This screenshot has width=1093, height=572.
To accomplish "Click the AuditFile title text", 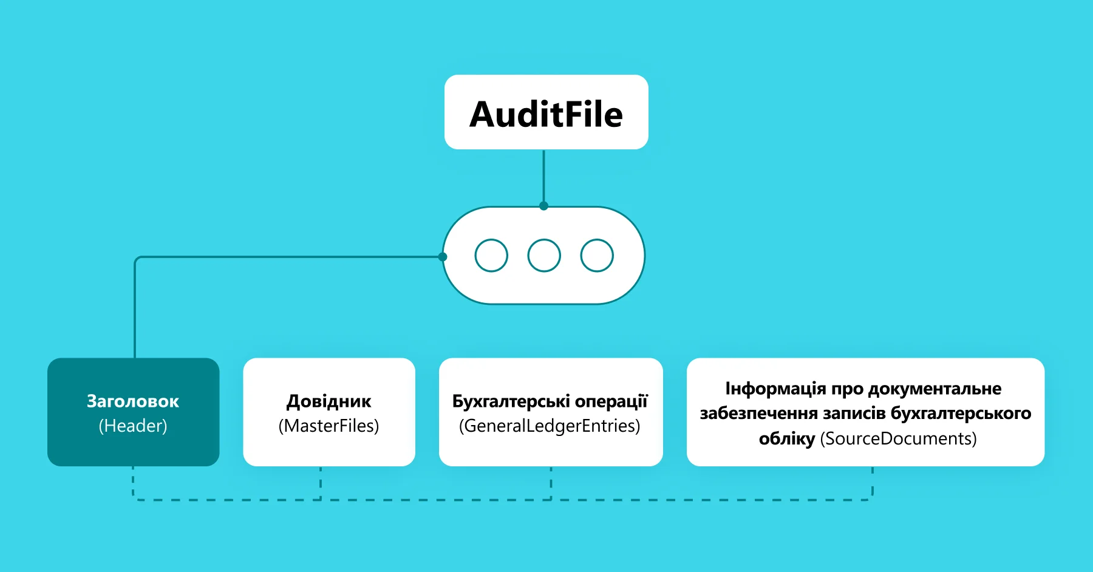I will [x=546, y=114].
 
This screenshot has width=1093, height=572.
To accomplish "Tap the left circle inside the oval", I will [x=491, y=256].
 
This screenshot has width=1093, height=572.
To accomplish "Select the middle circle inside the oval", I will [x=544, y=256].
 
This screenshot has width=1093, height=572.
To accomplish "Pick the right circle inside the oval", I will [x=597, y=256].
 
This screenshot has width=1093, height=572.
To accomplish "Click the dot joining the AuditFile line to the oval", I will [x=543, y=206].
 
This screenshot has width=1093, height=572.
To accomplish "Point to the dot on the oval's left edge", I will [x=443, y=257].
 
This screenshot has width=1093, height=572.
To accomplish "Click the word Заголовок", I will [x=133, y=401].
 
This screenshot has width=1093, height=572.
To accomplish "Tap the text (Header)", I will [x=133, y=426].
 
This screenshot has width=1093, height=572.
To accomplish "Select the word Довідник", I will [x=329, y=401].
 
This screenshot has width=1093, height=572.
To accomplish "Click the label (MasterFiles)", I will [x=329, y=426].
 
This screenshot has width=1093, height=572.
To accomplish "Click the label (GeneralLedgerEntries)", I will [x=550, y=426].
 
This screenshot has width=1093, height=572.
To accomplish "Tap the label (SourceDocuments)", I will [x=898, y=438].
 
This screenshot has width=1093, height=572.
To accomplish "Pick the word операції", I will [x=611, y=401].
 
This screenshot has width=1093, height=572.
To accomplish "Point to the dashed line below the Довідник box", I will [x=321, y=483].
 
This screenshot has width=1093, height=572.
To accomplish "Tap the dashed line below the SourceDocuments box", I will [x=873, y=483].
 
